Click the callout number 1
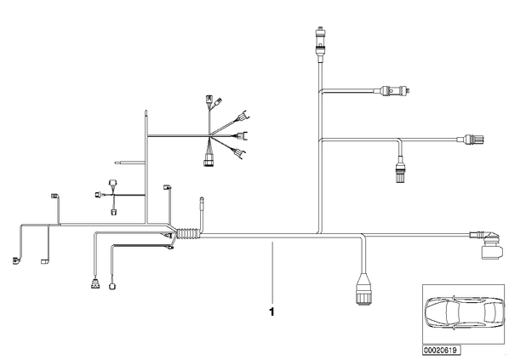pyautogui.click(x=272, y=311)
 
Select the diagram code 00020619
pyautogui.click(x=441, y=351)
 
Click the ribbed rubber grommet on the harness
pyautogui.click(x=187, y=234)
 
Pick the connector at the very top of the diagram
pyautogui.click(x=320, y=41)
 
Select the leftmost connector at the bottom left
pyautogui.click(x=15, y=260)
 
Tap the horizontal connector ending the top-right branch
pyautogui.click(x=393, y=90)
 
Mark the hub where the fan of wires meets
pyautogui.click(x=209, y=135)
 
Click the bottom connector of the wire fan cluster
pyautogui.click(x=209, y=161)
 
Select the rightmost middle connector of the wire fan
pyautogui.click(x=243, y=135)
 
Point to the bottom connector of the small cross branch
pyautogui.click(x=113, y=212)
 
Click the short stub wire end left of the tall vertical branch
pyautogui.click(x=117, y=163)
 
